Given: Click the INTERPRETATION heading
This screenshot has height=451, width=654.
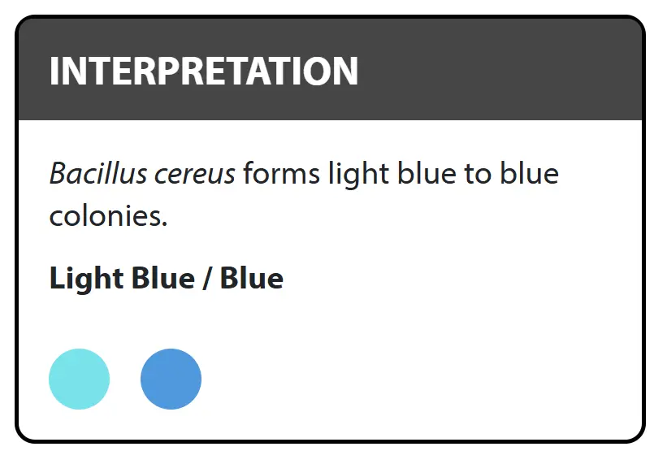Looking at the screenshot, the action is click(204, 71).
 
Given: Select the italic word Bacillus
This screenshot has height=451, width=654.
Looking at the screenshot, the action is click(98, 173).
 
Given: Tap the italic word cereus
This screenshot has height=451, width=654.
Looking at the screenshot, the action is click(195, 176).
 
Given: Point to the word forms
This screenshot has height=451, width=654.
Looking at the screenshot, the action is click(282, 173).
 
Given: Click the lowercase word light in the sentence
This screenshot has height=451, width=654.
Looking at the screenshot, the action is click(359, 176).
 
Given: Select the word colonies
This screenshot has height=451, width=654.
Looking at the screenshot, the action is click(105, 215).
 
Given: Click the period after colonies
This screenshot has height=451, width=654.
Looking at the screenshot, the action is click(165, 224).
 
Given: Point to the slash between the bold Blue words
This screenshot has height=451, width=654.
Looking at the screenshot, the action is click(207, 278).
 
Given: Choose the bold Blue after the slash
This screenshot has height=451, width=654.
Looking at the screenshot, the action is click(252, 277).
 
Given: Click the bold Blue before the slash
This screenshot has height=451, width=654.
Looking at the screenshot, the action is click(163, 277).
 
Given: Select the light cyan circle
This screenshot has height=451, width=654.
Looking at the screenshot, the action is click(80, 379).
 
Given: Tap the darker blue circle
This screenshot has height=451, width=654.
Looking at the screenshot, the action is click(171, 379).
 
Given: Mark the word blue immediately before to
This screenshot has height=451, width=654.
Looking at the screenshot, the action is click(427, 173).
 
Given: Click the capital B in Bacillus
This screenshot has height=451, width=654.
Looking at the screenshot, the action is click(58, 173).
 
